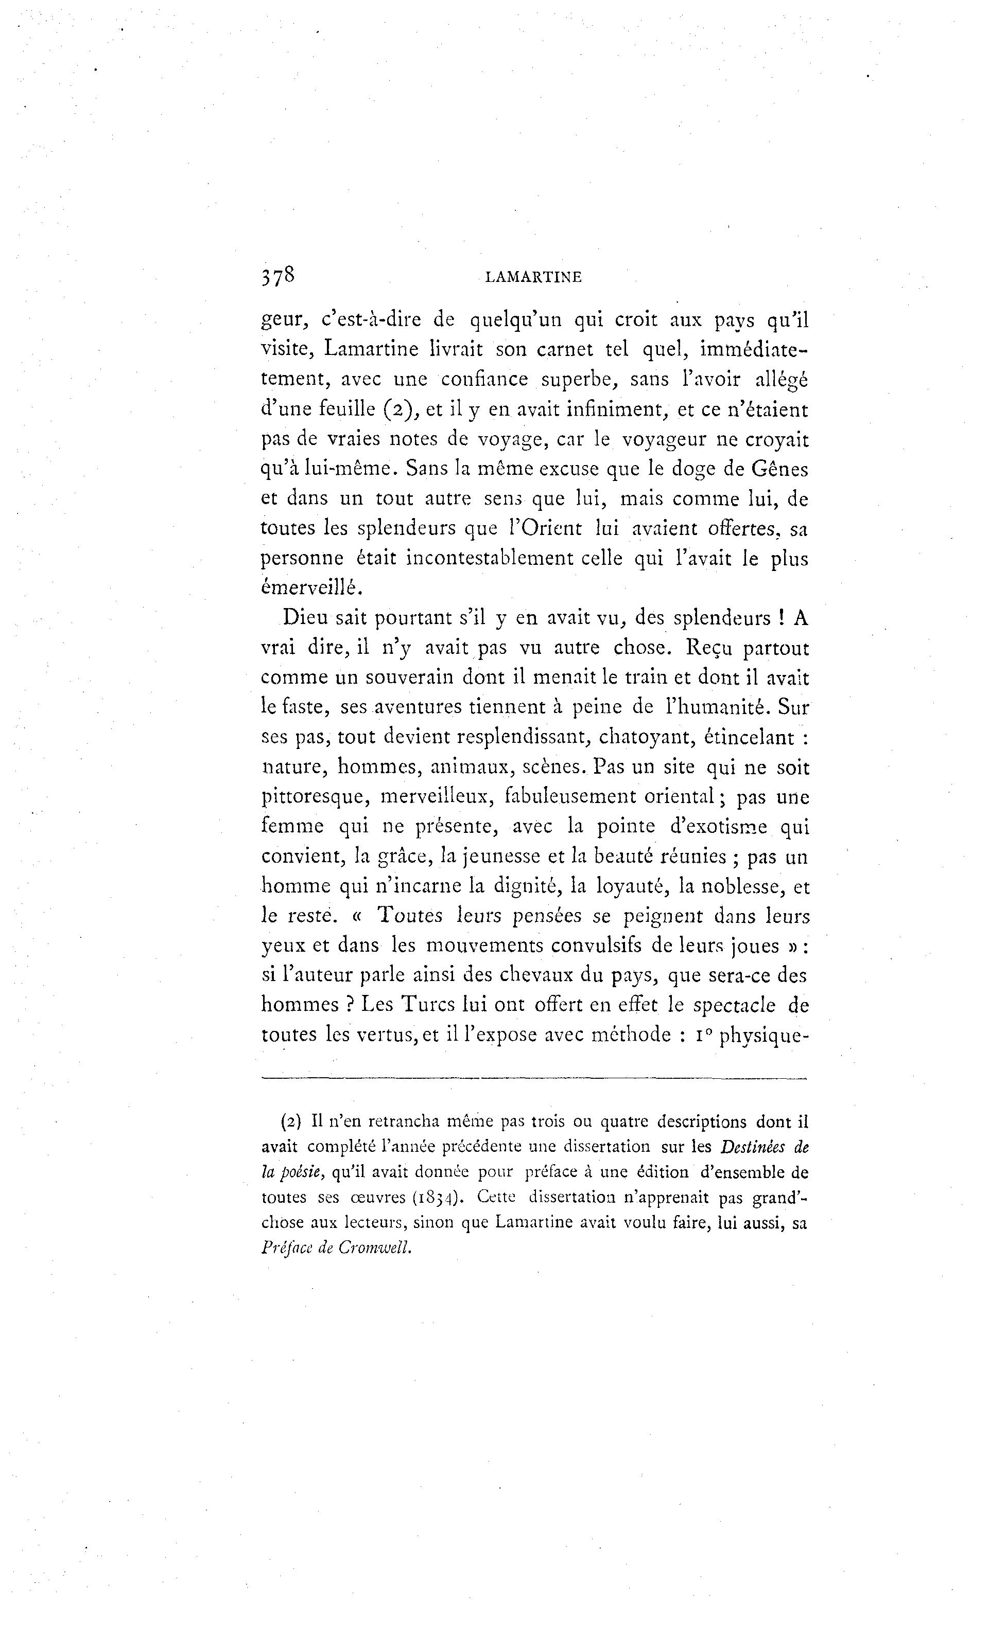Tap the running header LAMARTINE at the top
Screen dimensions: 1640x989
click(533, 278)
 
